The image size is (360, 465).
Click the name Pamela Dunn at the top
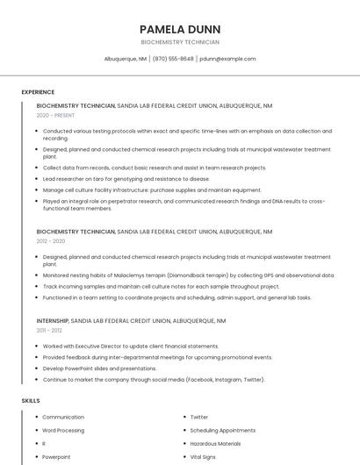pos(180,29)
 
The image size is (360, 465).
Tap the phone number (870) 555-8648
pos(173,59)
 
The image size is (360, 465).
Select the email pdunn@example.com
pos(227,59)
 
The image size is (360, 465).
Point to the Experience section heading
pos(38,92)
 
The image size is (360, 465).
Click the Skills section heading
pos(31,400)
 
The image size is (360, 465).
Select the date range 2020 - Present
pos(55,115)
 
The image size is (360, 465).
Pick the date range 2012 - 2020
pos(51,240)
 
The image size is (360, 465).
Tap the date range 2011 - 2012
pos(50,331)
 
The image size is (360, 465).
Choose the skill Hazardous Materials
pos(216,444)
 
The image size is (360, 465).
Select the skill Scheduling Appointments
pos(223,431)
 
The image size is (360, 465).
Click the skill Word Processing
pos(63,431)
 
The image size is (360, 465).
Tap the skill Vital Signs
pos(203,457)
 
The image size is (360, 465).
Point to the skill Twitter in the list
pos(199,418)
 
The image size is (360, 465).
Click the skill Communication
pos(63,418)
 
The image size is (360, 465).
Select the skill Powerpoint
pos(56,457)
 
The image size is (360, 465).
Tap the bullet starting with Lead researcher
pos(126,179)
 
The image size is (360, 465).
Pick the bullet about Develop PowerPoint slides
pos(99,368)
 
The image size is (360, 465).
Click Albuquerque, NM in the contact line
pos(125,59)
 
